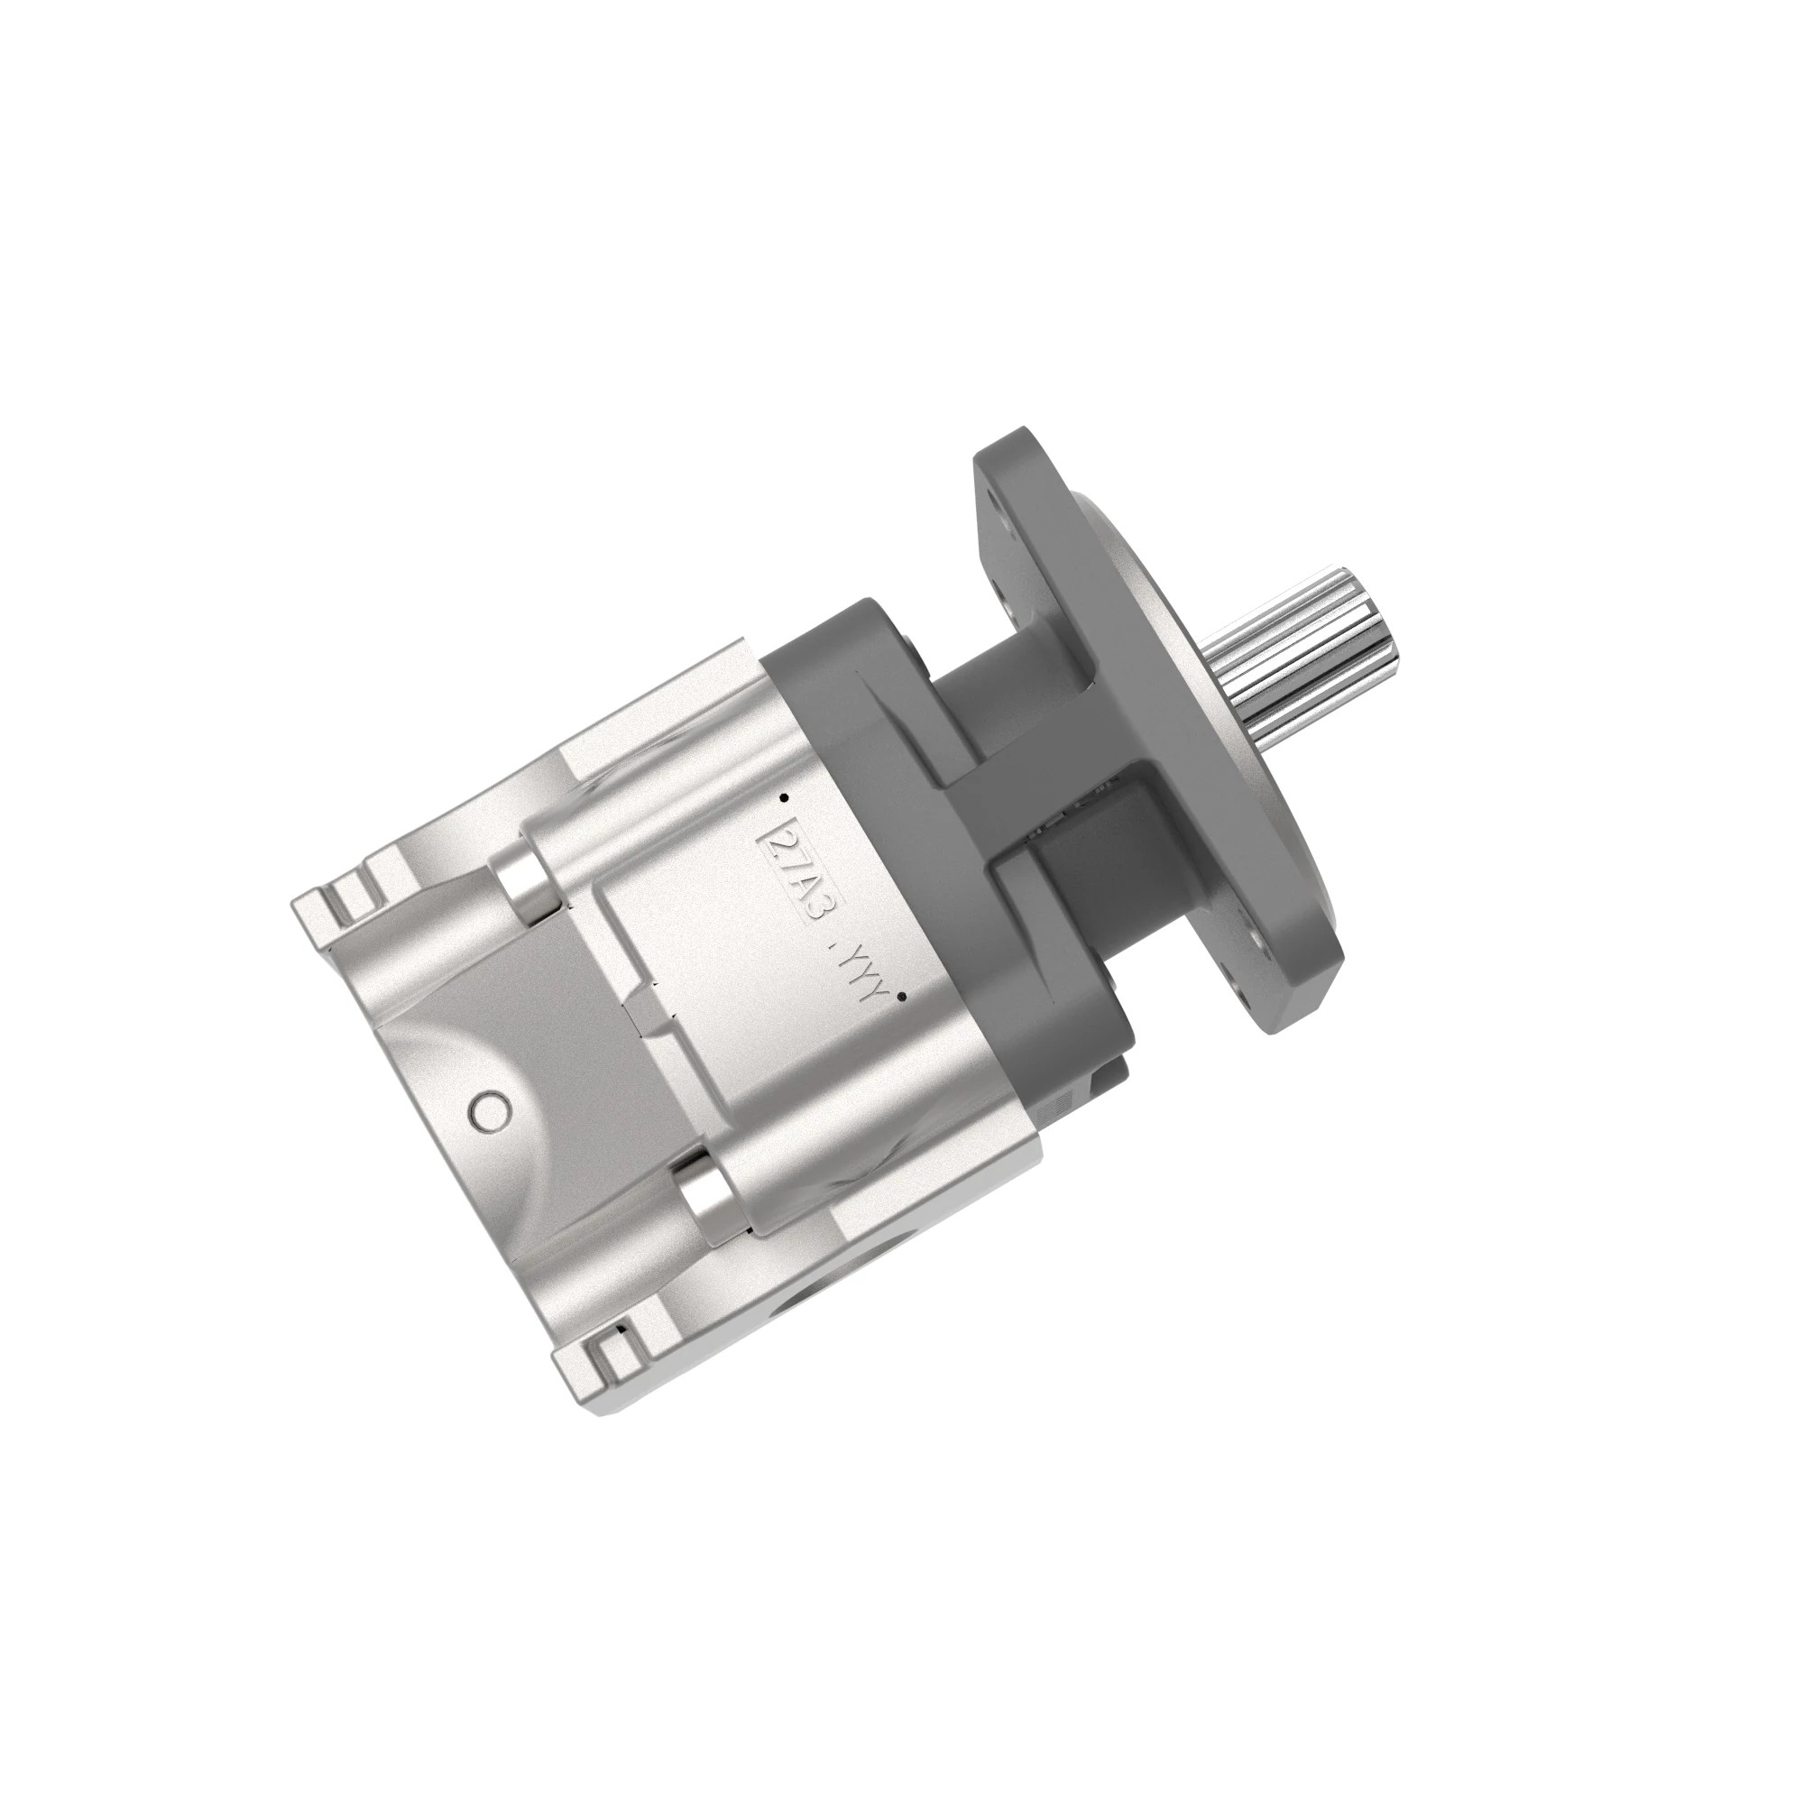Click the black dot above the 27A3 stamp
(x=784, y=798)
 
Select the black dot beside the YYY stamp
(x=899, y=998)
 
